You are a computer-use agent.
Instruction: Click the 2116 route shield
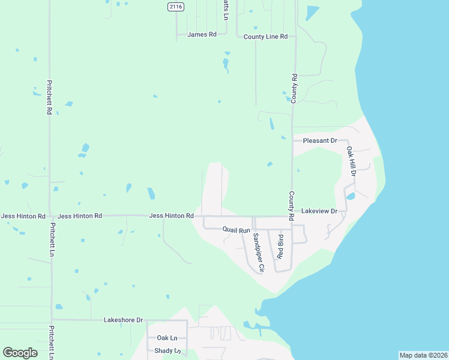[x=176, y=6]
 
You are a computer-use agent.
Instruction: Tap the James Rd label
[x=202, y=35]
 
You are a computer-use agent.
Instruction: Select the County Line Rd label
[x=265, y=37]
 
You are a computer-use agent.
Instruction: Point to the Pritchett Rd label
[x=49, y=98]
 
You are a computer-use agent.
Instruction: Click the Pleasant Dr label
[x=320, y=140]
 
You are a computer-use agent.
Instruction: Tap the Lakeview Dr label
[x=323, y=211]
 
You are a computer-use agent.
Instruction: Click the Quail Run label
[x=236, y=230]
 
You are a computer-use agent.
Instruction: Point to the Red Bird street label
[x=280, y=247]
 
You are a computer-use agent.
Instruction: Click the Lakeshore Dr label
[x=124, y=320]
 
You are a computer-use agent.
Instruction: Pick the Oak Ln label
[x=167, y=338]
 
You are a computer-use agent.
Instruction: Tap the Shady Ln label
[x=167, y=351]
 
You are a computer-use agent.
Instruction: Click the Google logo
[x=20, y=353]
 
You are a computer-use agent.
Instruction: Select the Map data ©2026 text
[x=423, y=355]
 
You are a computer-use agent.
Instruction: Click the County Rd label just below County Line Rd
[x=294, y=88]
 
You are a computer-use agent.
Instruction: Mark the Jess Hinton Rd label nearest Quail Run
[x=171, y=215]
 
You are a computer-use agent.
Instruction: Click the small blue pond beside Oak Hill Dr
[x=351, y=196]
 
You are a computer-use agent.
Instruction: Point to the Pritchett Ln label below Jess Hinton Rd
[x=52, y=241]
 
